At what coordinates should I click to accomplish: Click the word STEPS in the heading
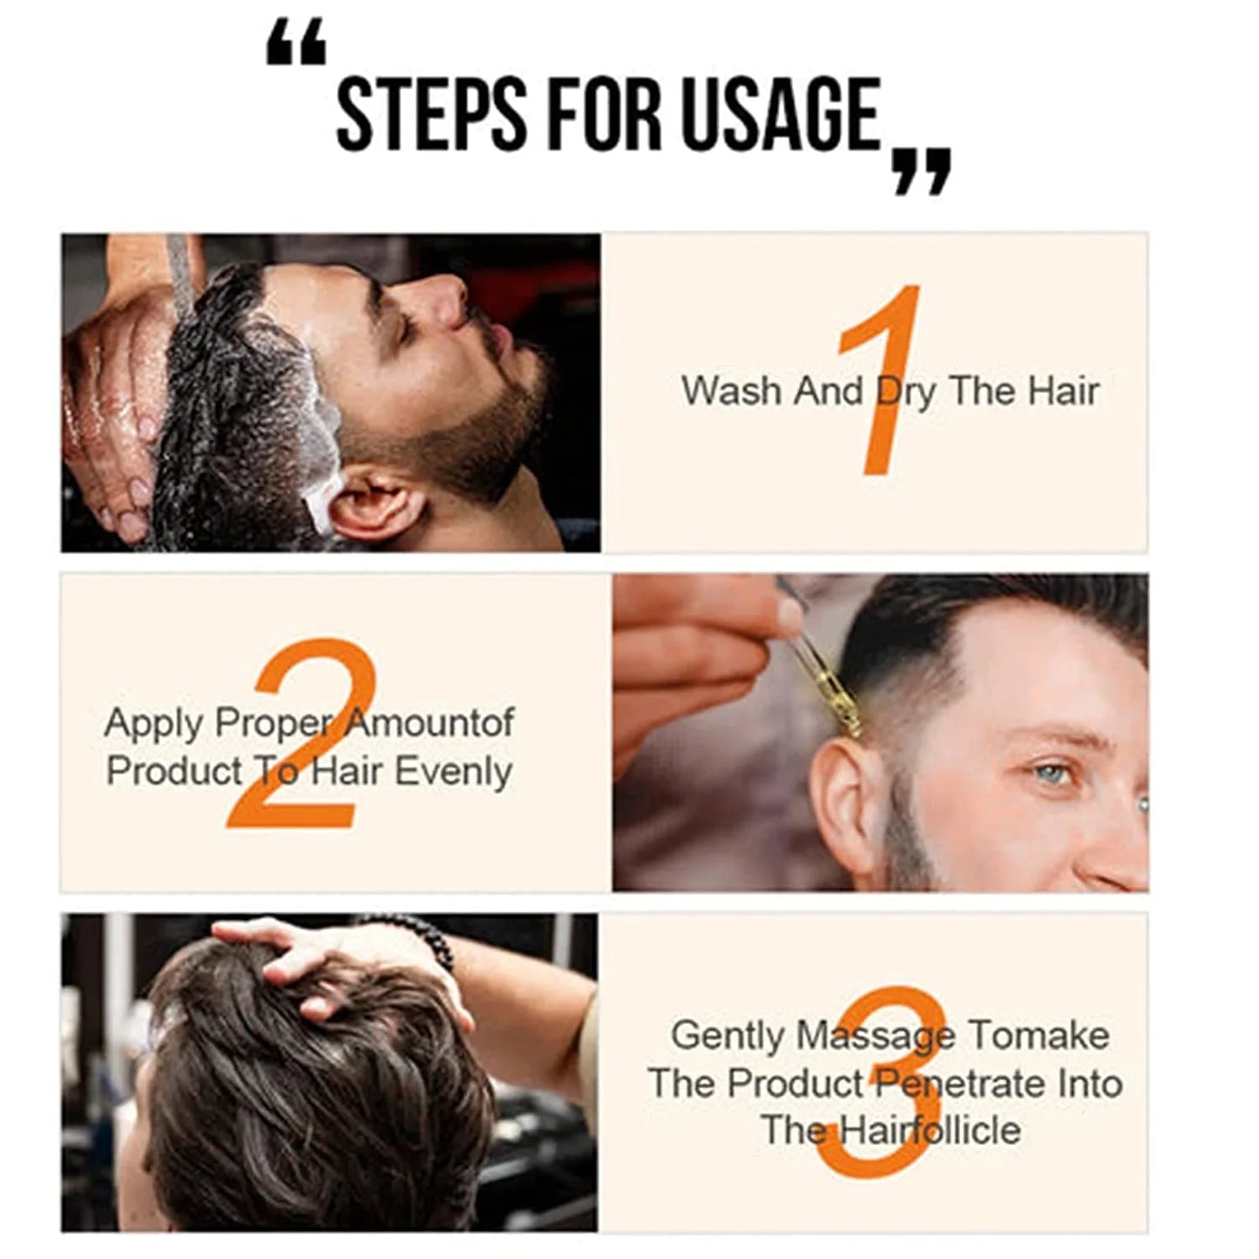431,115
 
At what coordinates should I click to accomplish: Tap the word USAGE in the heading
782,115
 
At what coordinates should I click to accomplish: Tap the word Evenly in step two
453,773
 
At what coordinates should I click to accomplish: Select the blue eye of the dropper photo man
1053,775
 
